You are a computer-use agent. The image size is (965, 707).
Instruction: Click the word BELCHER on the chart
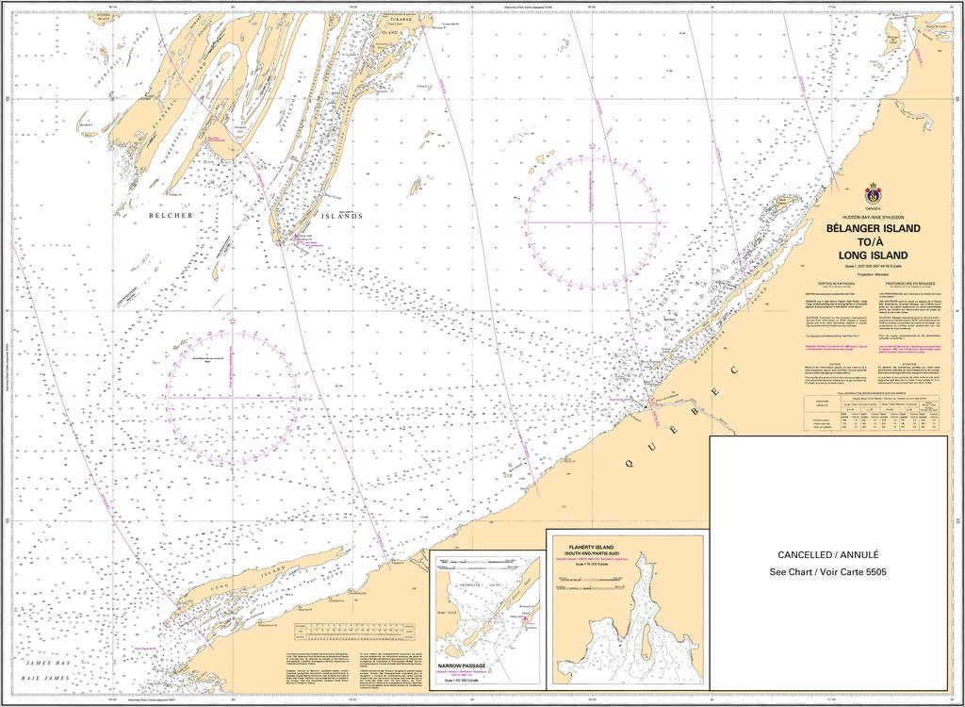pyautogui.click(x=171, y=216)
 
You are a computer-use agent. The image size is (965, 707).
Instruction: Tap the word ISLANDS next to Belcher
pyautogui.click(x=341, y=216)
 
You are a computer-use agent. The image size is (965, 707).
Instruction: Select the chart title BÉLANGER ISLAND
pyautogui.click(x=873, y=229)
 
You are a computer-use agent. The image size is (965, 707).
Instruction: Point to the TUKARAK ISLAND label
pyautogui.click(x=400, y=24)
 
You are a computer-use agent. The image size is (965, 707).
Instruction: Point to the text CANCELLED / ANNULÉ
pyautogui.click(x=827, y=555)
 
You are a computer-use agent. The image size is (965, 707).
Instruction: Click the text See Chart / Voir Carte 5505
pyautogui.click(x=827, y=572)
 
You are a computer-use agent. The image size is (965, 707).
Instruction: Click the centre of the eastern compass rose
pyautogui.click(x=592, y=222)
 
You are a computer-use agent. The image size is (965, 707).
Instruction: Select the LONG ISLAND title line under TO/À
pyautogui.click(x=873, y=255)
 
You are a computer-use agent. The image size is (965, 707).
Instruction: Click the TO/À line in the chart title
pyautogui.click(x=873, y=242)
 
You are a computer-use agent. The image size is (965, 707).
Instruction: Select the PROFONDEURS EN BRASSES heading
pyautogui.click(x=911, y=282)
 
